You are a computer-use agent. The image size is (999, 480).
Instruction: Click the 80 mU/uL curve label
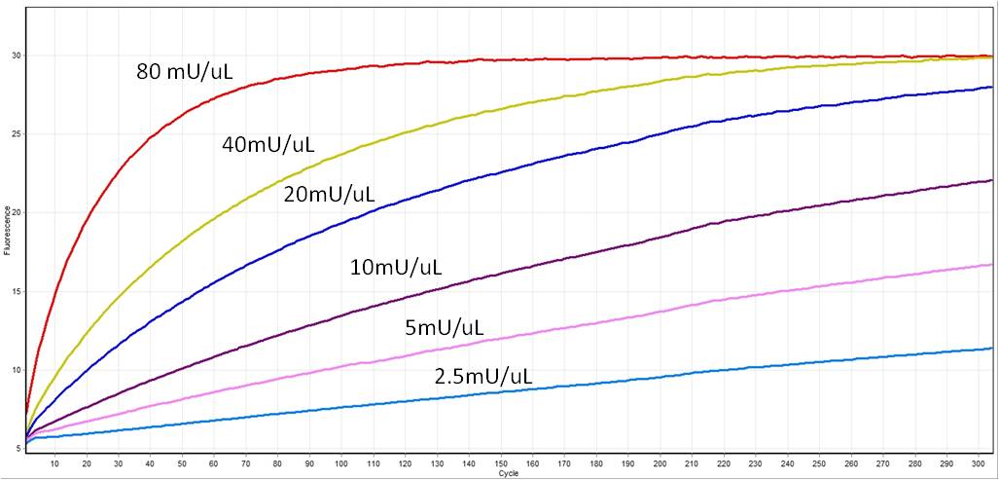tap(185, 70)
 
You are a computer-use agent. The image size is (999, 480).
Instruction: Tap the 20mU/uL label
tap(329, 195)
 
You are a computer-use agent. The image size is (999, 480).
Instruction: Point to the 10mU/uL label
tap(396, 267)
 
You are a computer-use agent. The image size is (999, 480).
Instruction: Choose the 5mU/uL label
tap(444, 327)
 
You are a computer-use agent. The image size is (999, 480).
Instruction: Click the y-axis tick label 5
tap(18, 448)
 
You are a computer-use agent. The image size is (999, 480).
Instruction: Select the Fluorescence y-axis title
tap(6, 230)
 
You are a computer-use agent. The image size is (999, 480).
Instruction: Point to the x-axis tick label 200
tap(660, 463)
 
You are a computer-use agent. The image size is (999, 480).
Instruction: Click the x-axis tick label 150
tap(500, 463)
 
